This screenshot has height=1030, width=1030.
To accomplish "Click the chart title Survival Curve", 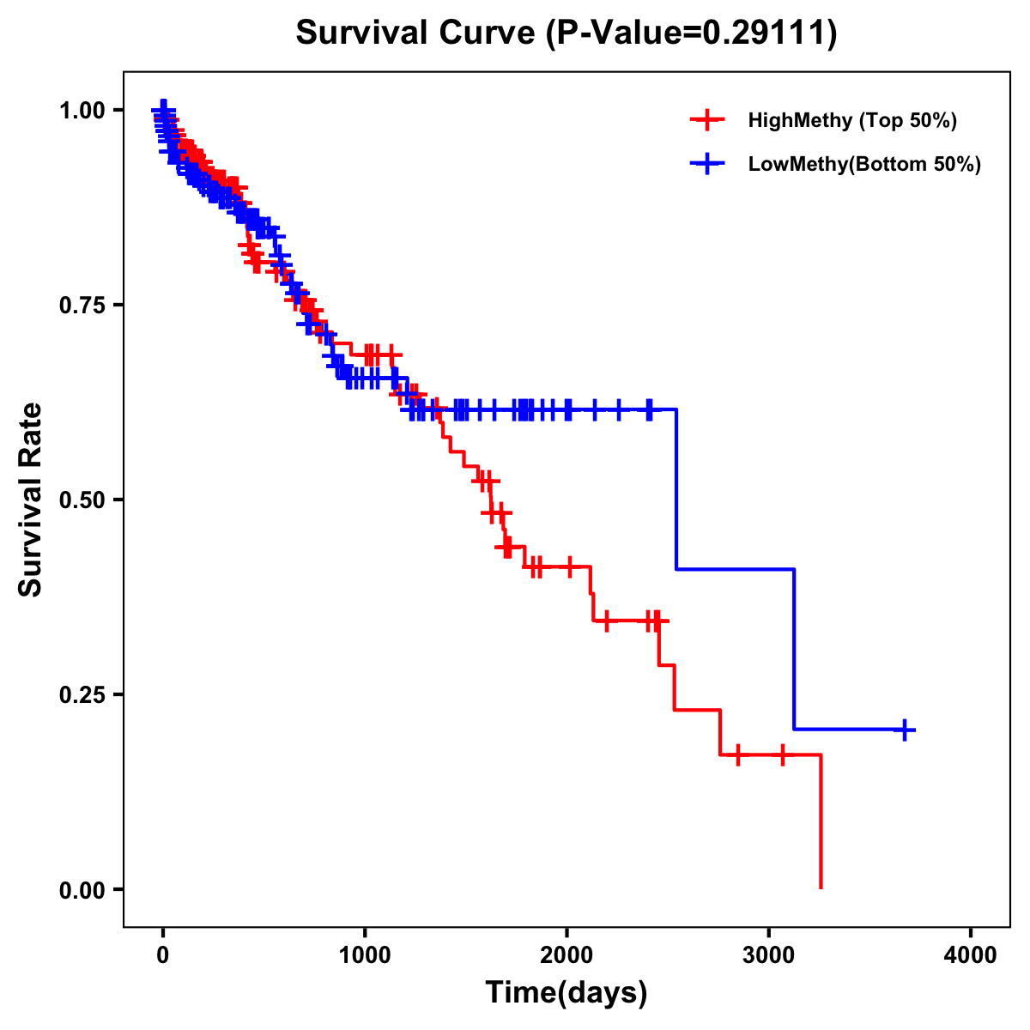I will tap(417, 33).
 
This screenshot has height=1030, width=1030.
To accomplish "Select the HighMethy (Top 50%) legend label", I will tap(851, 120).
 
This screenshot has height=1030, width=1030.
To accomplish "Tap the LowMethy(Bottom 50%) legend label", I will tap(864, 164).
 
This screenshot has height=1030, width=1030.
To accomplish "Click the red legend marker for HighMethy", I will tap(707, 120).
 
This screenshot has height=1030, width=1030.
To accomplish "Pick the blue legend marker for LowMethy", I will tap(707, 164).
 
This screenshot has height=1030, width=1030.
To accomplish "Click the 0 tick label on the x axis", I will tap(163, 955).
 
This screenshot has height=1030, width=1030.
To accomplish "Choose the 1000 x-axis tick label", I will tap(365, 955).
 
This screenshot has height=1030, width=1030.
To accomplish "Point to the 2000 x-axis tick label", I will tap(566, 955).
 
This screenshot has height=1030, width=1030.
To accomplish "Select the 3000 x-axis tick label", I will tap(769, 955).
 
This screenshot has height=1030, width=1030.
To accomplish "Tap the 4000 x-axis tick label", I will tap(971, 955).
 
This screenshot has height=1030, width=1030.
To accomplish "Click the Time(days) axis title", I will tap(566, 993).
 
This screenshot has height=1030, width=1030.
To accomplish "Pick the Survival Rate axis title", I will tap(31, 500).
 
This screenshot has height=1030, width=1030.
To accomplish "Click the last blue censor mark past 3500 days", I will tap(904, 730).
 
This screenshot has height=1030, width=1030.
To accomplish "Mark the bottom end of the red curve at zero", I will tap(821, 887).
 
